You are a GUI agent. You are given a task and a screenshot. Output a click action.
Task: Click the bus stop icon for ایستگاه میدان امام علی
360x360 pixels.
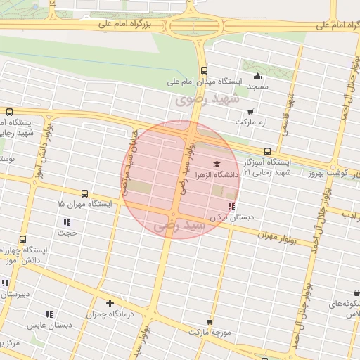204,70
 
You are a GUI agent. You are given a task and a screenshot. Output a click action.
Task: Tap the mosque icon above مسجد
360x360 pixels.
257,76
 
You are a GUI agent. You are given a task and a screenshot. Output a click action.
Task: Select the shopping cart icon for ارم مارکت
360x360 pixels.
250,111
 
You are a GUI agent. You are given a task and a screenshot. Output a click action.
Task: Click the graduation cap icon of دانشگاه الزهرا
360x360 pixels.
215,164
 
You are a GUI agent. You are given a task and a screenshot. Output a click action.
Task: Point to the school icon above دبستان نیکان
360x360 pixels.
231,207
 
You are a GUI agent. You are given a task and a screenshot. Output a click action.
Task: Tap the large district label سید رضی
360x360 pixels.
181,226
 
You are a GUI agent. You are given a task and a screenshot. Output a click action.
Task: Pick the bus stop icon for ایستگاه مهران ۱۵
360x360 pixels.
84,193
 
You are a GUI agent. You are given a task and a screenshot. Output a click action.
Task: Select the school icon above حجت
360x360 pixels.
67,222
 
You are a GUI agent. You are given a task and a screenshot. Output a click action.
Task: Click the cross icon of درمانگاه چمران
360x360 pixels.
110,304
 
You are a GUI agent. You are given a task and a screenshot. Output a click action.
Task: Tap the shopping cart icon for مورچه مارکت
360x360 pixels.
190,321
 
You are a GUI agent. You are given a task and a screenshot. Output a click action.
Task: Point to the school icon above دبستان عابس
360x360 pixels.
49,314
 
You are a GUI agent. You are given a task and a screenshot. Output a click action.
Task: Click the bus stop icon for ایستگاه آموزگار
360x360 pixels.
267,151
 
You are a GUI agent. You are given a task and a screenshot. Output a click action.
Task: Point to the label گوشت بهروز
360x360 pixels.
338,173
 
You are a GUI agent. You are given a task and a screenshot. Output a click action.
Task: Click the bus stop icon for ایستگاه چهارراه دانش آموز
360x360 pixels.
22,240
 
